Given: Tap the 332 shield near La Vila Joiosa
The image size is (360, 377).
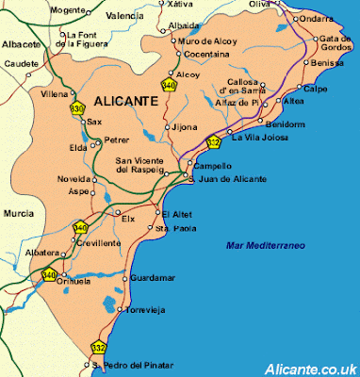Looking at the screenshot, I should click(214, 142).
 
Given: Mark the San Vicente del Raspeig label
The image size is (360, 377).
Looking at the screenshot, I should click(145, 165).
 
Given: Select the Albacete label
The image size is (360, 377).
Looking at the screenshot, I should click(21, 44).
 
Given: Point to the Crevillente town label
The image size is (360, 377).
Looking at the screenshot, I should click(98, 242).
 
